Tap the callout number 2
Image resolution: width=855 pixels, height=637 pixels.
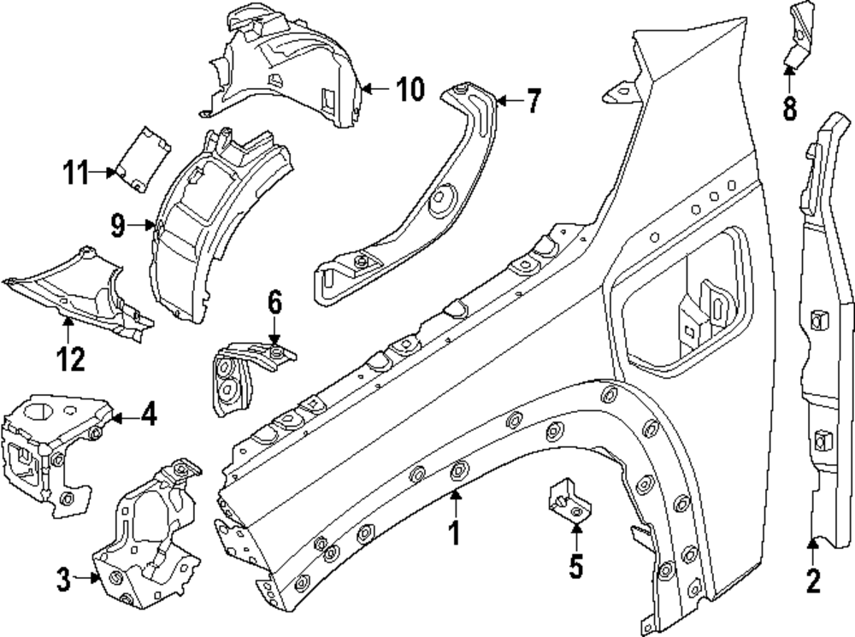point(813,581)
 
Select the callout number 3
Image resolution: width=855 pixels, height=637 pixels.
point(63,579)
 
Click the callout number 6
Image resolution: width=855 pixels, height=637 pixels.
point(274,302)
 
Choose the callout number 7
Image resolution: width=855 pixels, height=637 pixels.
point(533,102)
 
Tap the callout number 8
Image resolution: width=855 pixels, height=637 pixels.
point(788,108)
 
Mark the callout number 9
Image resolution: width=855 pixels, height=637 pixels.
point(118,225)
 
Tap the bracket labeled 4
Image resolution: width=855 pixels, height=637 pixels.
point(51,445)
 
